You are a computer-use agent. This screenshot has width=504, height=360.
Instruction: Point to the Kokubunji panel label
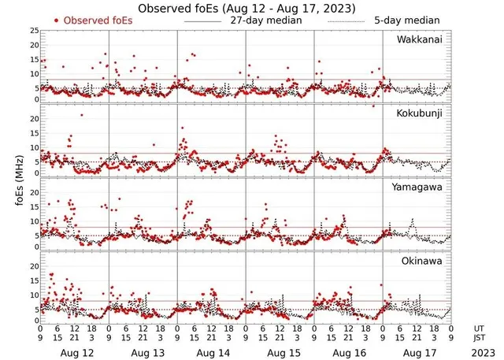click(x=421, y=114)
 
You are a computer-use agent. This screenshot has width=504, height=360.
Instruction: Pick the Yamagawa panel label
click(x=421, y=187)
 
